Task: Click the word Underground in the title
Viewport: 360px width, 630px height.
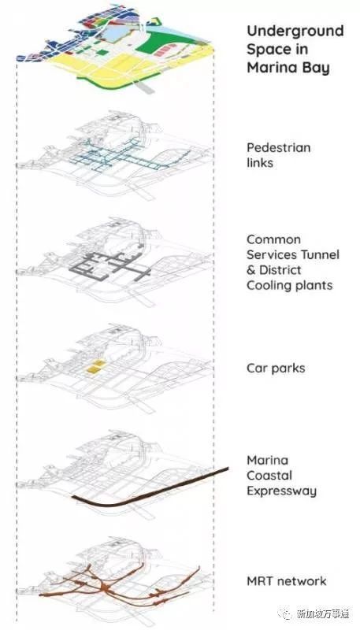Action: (x=295, y=31)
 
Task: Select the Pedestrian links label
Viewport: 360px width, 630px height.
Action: (x=278, y=155)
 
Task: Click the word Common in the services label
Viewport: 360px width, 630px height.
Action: (x=273, y=239)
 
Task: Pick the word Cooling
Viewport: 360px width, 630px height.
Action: (x=268, y=286)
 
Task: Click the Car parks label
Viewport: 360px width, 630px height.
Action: (x=276, y=368)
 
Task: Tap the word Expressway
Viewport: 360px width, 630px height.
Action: (x=281, y=491)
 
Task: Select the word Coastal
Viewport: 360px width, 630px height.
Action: (x=269, y=476)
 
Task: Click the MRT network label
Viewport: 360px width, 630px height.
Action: (x=287, y=581)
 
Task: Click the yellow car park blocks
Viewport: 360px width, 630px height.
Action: (x=97, y=367)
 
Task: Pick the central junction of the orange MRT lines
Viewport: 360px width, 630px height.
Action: (x=106, y=587)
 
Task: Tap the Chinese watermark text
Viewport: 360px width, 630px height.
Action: (x=323, y=613)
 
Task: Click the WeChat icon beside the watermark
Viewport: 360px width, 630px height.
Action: (x=287, y=614)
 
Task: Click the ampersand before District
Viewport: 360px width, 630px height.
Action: (x=251, y=270)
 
